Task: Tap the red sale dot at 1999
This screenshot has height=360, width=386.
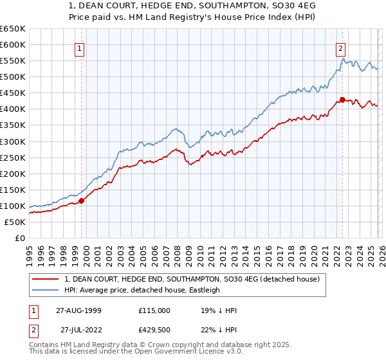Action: click(82, 201)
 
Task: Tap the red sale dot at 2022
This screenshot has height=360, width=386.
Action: click(342, 100)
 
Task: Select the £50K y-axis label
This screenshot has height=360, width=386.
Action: click(15, 222)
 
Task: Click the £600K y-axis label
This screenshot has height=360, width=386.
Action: click(13, 44)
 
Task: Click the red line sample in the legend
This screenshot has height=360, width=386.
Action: click(46, 279)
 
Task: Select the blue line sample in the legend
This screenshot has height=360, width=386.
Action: click(46, 290)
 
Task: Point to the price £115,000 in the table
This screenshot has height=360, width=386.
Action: click(154, 310)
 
